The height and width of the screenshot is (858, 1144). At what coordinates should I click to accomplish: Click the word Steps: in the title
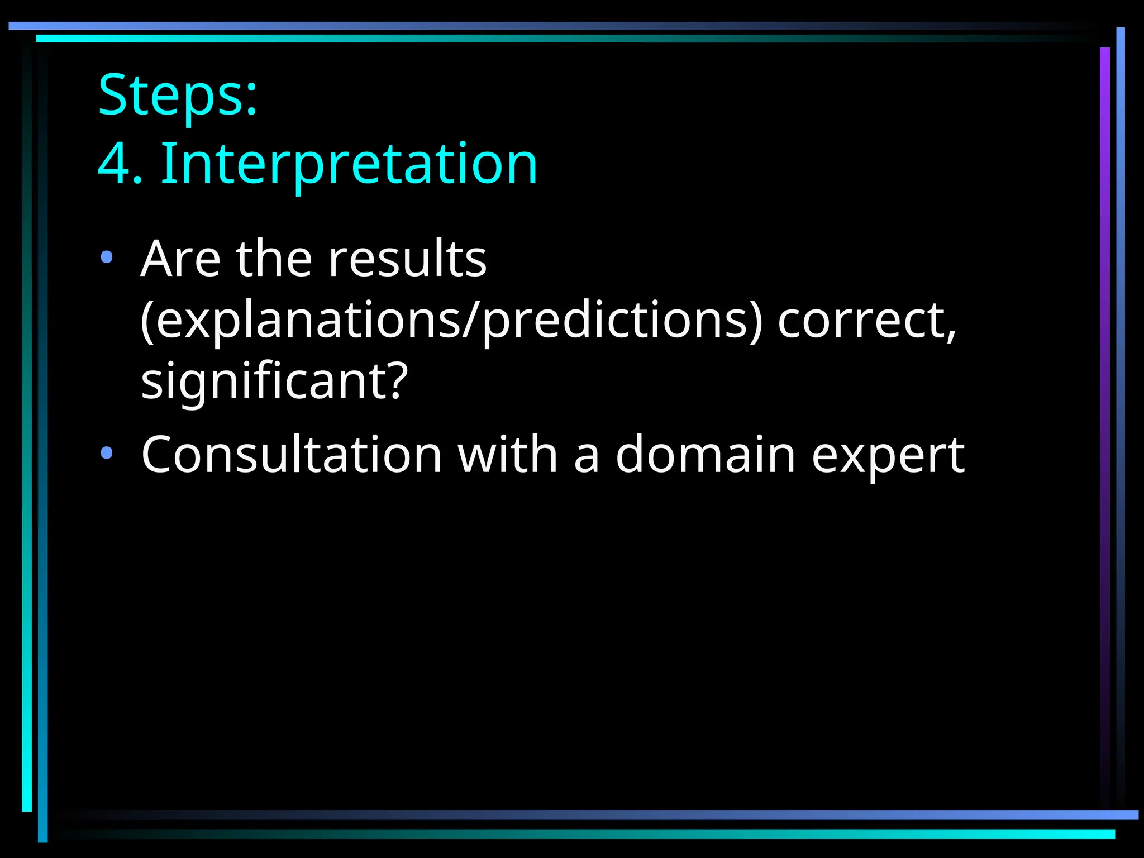[x=178, y=95]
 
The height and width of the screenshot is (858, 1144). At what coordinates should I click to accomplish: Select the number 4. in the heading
[x=120, y=164]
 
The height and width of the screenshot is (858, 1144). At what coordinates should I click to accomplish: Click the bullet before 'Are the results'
[x=106, y=258]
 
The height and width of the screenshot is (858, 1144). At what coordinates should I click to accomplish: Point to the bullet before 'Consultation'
[x=106, y=453]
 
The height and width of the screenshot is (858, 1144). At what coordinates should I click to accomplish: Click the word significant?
[x=274, y=382]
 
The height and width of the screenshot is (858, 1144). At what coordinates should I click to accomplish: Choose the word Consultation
[x=292, y=455]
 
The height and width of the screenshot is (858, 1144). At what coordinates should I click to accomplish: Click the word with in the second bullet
[x=508, y=455]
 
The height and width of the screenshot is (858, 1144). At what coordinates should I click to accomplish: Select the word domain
[x=706, y=455]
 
